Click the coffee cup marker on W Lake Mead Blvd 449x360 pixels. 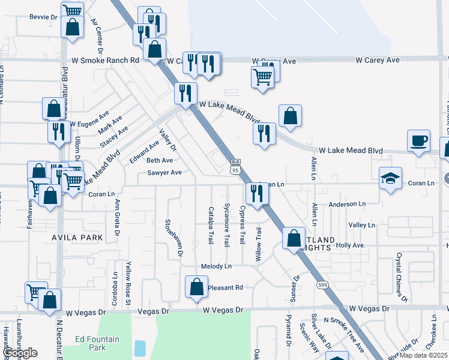point(419,140)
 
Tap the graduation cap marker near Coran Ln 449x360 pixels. point(390,178)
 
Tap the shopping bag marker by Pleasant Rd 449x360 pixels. point(196,287)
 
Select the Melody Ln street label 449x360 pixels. point(216,266)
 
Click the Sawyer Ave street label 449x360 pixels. point(164,173)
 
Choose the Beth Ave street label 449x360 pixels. point(160,161)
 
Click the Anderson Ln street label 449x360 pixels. point(347,205)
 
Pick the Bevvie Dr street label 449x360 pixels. point(43,17)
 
